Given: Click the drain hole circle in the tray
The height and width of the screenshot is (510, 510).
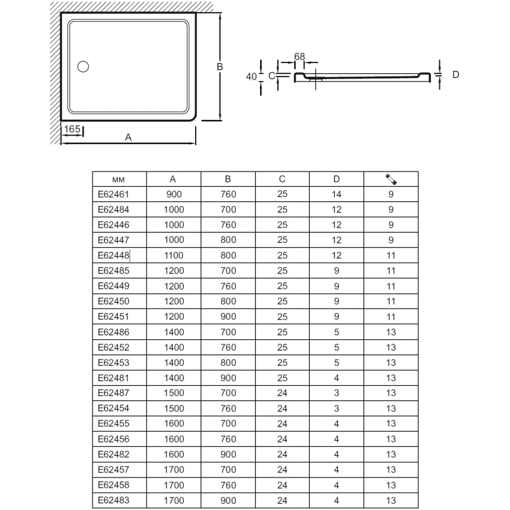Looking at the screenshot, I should (x=84, y=66).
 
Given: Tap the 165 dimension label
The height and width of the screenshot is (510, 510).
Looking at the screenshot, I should (x=73, y=129).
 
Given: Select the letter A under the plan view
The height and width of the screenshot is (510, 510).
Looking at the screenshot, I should (x=128, y=138).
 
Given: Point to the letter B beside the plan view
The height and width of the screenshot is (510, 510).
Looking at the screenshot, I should (x=218, y=66).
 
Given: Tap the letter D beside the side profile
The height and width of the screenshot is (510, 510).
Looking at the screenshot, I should (x=456, y=75).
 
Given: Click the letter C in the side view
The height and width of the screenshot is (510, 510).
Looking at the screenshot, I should (x=271, y=76).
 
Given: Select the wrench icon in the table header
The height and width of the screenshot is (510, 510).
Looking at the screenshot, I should (x=391, y=179).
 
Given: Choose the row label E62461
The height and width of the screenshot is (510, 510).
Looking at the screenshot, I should (x=113, y=194).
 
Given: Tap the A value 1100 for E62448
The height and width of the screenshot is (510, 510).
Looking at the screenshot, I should (x=173, y=255).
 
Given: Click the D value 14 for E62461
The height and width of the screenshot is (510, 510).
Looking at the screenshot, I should (x=337, y=194).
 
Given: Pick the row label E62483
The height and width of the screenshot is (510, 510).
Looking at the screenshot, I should (x=113, y=500).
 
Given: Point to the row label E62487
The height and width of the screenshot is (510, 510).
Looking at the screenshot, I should (x=113, y=393).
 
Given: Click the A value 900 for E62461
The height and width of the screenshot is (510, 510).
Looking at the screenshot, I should (x=173, y=194).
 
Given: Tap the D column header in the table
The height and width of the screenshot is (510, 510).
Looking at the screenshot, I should (x=337, y=179).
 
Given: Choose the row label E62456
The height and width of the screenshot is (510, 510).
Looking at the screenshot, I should (x=113, y=439).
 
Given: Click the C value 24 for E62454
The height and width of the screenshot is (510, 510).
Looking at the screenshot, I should (x=282, y=408).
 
